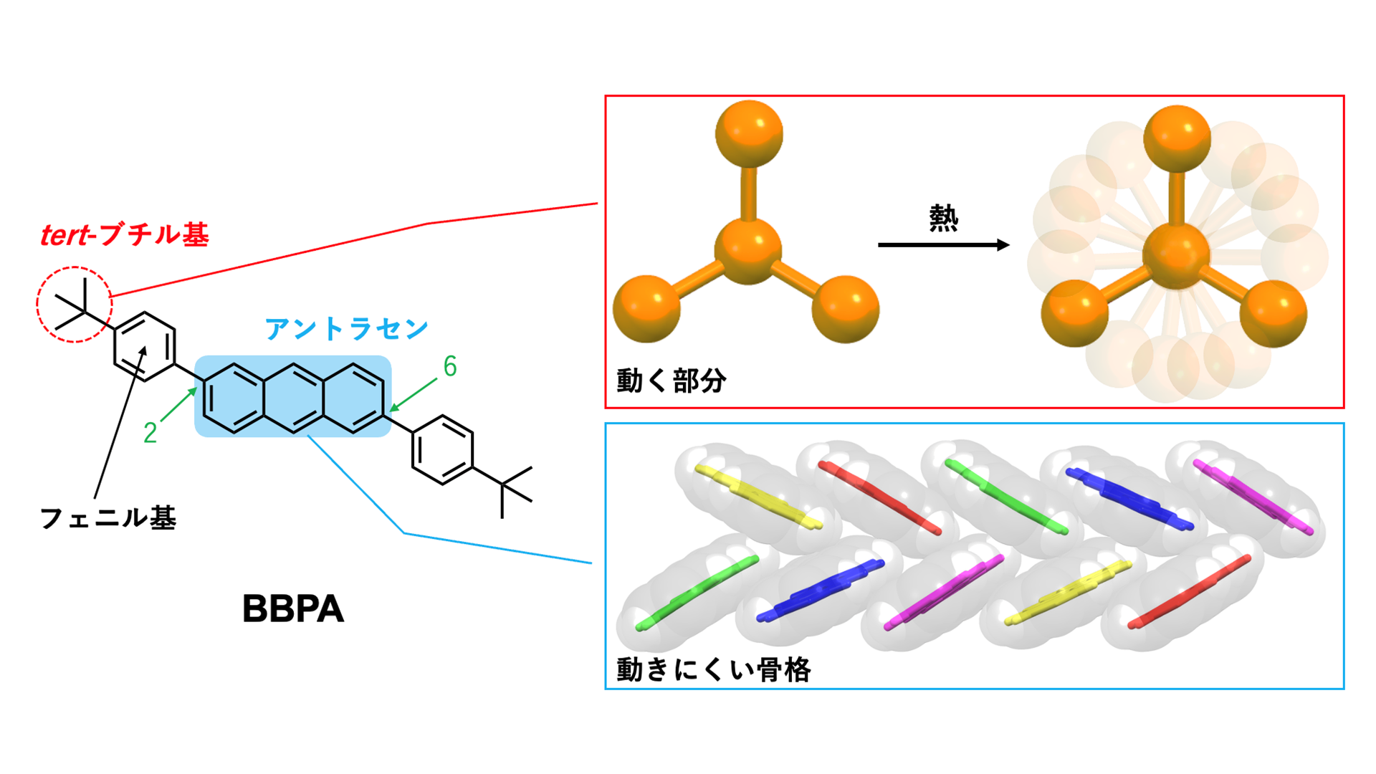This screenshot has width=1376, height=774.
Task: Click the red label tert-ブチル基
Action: point(124,235)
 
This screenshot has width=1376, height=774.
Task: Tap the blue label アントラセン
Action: point(347,329)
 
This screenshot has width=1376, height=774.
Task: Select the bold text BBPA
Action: point(293,609)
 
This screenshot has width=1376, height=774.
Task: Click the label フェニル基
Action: point(107,517)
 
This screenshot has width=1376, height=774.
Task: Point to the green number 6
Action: point(450,366)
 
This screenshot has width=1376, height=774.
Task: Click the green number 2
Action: point(150,432)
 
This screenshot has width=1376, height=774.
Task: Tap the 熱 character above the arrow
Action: point(943,218)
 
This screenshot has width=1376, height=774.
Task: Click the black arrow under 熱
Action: point(944,245)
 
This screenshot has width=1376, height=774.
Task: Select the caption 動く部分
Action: point(672,381)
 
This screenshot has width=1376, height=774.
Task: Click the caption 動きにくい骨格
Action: point(714,669)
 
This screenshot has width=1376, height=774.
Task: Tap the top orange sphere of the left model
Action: point(749,134)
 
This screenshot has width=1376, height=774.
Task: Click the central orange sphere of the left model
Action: point(748,251)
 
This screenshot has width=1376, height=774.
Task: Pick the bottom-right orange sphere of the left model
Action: point(846,310)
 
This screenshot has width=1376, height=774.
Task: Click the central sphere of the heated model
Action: point(1176,256)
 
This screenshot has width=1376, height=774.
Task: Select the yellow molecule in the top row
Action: point(758,497)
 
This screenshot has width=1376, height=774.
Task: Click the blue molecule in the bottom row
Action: point(821,590)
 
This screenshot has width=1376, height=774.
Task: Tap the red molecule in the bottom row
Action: point(1190,592)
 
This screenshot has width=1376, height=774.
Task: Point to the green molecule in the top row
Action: point(1007,497)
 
